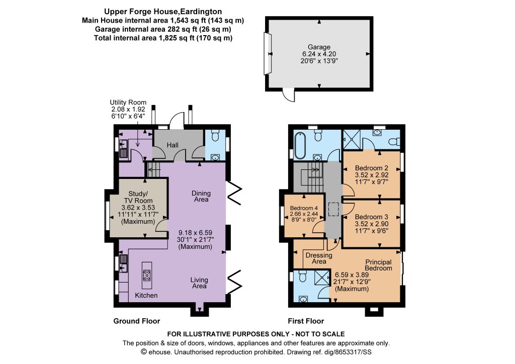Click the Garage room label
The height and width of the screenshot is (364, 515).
(319, 47)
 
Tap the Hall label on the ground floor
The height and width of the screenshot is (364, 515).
(173, 145)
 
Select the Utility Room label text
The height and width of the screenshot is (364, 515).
(128, 103)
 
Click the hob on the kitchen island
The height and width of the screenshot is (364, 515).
(147, 275)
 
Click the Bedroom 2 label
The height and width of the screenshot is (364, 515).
(372, 168)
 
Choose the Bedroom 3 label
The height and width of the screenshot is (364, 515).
(372, 217)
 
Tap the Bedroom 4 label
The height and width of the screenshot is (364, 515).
(304, 208)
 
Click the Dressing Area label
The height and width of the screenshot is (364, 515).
(319, 258)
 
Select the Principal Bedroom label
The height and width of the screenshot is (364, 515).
(379, 265)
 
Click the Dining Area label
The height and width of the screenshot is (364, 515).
(201, 196)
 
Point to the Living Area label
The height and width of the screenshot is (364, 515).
(199, 283)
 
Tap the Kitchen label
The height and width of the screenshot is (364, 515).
(146, 296)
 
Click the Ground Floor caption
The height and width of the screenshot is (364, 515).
(137, 321)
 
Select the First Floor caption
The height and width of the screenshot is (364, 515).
(306, 321)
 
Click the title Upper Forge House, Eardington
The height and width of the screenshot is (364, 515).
(163, 12)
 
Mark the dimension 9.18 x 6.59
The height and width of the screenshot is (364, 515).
(195, 233)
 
